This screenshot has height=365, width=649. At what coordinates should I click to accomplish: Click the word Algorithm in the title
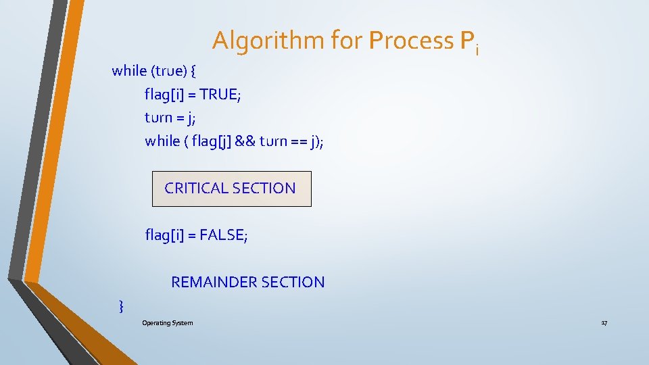[268, 41]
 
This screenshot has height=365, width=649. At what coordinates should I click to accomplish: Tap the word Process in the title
[411, 41]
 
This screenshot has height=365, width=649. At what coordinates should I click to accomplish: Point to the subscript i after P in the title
[477, 49]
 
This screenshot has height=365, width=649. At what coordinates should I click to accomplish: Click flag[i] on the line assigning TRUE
[162, 95]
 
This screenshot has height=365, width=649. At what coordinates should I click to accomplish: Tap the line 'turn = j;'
[170, 118]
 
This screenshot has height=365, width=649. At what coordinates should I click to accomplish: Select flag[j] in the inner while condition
[212, 141]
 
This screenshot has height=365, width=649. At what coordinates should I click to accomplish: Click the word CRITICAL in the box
[196, 189]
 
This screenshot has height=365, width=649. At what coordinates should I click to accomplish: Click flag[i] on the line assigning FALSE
[163, 235]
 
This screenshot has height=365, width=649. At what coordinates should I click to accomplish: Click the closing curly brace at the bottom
[121, 307]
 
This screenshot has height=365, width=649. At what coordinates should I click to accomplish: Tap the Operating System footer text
[167, 323]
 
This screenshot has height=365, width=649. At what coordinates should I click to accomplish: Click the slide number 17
[604, 323]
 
